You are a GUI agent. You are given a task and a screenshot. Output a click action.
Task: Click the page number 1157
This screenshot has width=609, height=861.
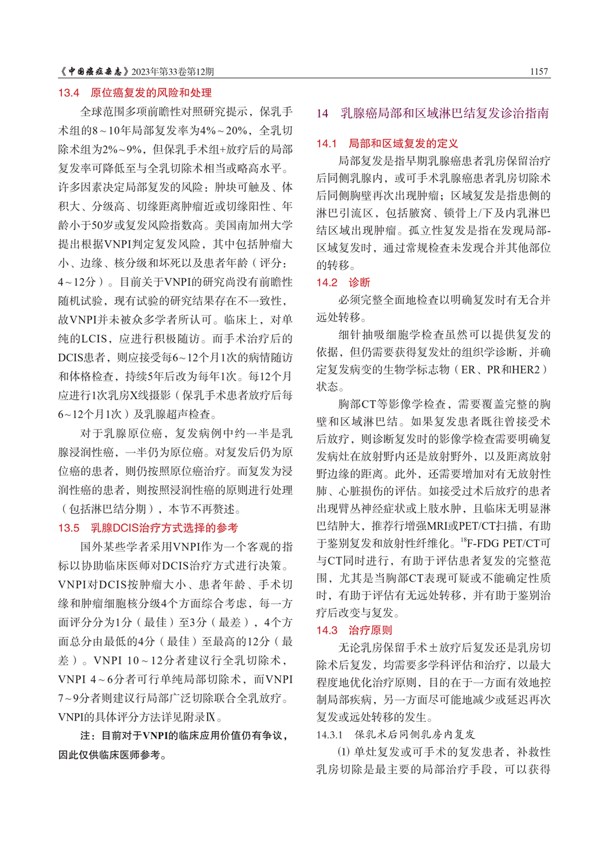pyautogui.click(x=539, y=71)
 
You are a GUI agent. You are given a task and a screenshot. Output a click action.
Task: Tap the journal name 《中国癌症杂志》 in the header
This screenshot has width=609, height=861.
pyautogui.click(x=95, y=71)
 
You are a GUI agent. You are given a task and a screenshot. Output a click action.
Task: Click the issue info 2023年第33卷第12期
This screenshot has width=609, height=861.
pyautogui.click(x=173, y=71)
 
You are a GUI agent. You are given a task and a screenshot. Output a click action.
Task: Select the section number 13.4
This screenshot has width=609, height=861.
pyautogui.click(x=69, y=93)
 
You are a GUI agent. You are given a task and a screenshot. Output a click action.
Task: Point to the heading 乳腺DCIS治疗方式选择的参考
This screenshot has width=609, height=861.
pyautogui.click(x=164, y=528)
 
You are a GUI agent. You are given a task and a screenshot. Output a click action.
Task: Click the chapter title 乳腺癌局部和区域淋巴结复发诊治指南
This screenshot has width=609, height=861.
pyautogui.click(x=444, y=113)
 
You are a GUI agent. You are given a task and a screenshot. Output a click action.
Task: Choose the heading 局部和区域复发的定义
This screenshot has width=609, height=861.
pyautogui.click(x=403, y=143)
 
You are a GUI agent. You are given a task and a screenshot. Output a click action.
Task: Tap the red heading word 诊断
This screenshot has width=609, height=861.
pyautogui.click(x=359, y=282)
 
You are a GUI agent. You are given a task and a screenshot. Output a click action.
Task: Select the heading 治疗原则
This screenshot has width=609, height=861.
pyautogui.click(x=370, y=630)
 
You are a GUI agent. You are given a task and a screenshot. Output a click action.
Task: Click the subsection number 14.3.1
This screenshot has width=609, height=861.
pyautogui.click(x=329, y=735)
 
